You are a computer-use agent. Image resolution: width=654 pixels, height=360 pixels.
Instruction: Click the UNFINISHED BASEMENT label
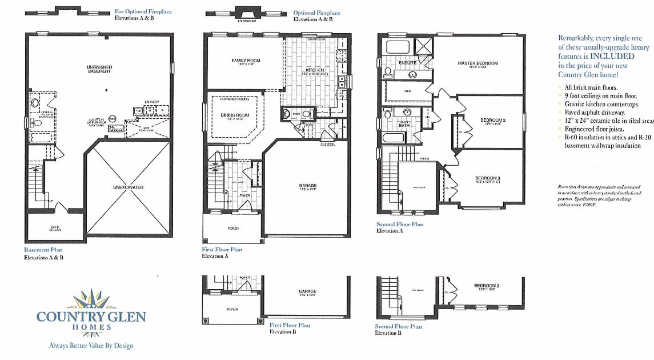click(99, 69)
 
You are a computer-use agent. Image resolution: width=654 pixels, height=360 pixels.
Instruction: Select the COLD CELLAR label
click(55, 229)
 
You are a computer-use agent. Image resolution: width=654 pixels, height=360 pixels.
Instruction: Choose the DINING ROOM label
click(235, 115)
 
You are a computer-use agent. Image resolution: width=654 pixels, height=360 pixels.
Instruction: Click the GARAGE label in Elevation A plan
click(307, 186)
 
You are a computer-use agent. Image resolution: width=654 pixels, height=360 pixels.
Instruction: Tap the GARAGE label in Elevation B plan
click(307, 291)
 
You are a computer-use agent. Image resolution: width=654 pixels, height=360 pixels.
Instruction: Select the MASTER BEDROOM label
click(478, 63)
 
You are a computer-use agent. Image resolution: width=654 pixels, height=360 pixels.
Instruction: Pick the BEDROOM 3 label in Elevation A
click(487, 178)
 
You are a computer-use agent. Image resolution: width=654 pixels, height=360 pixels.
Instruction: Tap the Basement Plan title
click(43, 250)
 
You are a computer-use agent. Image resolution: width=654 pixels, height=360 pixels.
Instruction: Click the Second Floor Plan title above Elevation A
click(400, 225)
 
